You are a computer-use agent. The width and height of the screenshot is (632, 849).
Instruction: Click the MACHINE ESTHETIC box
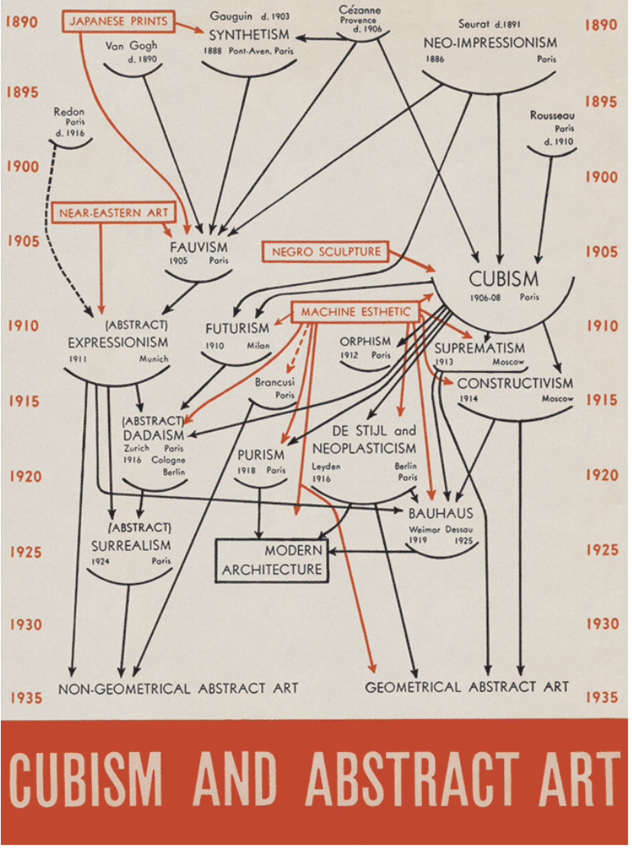point(355,312)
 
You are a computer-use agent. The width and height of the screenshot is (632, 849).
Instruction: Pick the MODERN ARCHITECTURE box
point(271,559)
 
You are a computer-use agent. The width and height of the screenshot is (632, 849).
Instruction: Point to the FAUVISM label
point(199,246)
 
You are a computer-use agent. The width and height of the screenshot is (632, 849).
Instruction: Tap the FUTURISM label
point(237,329)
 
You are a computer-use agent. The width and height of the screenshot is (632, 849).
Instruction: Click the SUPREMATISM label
point(479,347)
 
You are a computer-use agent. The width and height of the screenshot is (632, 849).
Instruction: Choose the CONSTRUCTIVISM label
point(515,383)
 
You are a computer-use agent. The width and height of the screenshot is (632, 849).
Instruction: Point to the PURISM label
point(261,455)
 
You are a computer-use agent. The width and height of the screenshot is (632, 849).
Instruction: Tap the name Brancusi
point(274,382)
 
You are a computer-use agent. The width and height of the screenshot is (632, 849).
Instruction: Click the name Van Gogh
point(131,46)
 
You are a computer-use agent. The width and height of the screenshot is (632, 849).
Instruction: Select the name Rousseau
point(552,116)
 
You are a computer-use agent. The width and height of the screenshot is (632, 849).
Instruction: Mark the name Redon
point(69,111)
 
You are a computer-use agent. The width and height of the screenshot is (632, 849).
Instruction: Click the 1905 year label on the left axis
point(23,241)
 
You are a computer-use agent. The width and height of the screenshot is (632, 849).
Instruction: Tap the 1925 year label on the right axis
point(602,550)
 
